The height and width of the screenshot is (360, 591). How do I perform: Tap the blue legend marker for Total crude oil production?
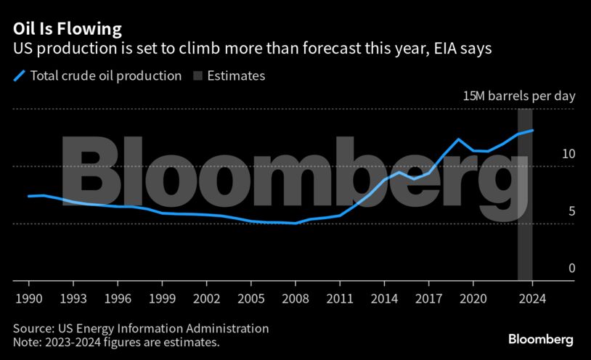point(20,75)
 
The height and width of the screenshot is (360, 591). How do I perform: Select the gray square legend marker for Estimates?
point(197,75)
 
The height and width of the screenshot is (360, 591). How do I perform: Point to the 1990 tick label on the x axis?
point(28,298)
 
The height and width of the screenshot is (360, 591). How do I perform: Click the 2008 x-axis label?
point(295,298)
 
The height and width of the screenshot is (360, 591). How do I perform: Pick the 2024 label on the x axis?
point(532,298)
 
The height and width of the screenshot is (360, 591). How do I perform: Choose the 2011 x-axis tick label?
point(340,298)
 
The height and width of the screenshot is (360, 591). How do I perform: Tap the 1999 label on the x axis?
point(162,298)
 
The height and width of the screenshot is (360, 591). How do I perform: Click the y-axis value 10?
point(568,154)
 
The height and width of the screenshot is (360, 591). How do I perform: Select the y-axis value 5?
point(571,211)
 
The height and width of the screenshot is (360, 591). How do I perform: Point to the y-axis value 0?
point(571,269)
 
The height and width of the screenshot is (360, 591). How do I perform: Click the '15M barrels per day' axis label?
point(519,96)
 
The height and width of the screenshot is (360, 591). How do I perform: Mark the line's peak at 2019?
point(458,139)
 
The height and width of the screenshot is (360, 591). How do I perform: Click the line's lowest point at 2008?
point(295,223)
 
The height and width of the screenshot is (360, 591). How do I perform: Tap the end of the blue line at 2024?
point(532,131)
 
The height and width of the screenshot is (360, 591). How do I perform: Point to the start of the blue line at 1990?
point(28,196)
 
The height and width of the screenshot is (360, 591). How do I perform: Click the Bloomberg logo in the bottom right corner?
point(540,339)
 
